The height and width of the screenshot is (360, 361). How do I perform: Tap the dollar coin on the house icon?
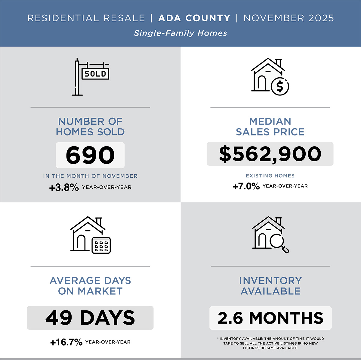coord(280,87)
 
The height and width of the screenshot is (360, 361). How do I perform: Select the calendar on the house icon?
coord(101,245)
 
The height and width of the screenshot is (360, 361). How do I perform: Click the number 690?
coord(90,155)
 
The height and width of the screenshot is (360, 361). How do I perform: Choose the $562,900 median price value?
coord(270,154)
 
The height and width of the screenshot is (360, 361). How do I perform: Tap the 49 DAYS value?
coord(90,318)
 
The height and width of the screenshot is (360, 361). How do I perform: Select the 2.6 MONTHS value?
coord(270,318)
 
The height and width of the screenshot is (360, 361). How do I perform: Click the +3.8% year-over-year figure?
coord(64,188)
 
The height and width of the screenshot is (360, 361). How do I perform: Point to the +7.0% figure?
coord(246,186)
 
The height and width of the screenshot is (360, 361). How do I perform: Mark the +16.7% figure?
coord(66,342)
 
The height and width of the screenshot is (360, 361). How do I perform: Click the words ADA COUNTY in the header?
coord(194,18)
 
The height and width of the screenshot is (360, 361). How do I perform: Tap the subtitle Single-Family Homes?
coord(180,33)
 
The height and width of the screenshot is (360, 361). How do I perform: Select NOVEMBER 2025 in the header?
coord(289,18)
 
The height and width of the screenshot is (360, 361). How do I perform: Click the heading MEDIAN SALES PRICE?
coord(270,126)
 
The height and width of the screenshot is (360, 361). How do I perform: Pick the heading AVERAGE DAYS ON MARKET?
coord(90,286)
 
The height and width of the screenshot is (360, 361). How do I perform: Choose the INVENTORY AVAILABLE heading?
coord(270,286)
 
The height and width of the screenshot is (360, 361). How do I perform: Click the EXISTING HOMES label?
coord(270,175)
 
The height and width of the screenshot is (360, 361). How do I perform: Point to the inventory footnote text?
coord(270,343)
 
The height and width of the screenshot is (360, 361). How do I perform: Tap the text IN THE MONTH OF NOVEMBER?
coord(90,176)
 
